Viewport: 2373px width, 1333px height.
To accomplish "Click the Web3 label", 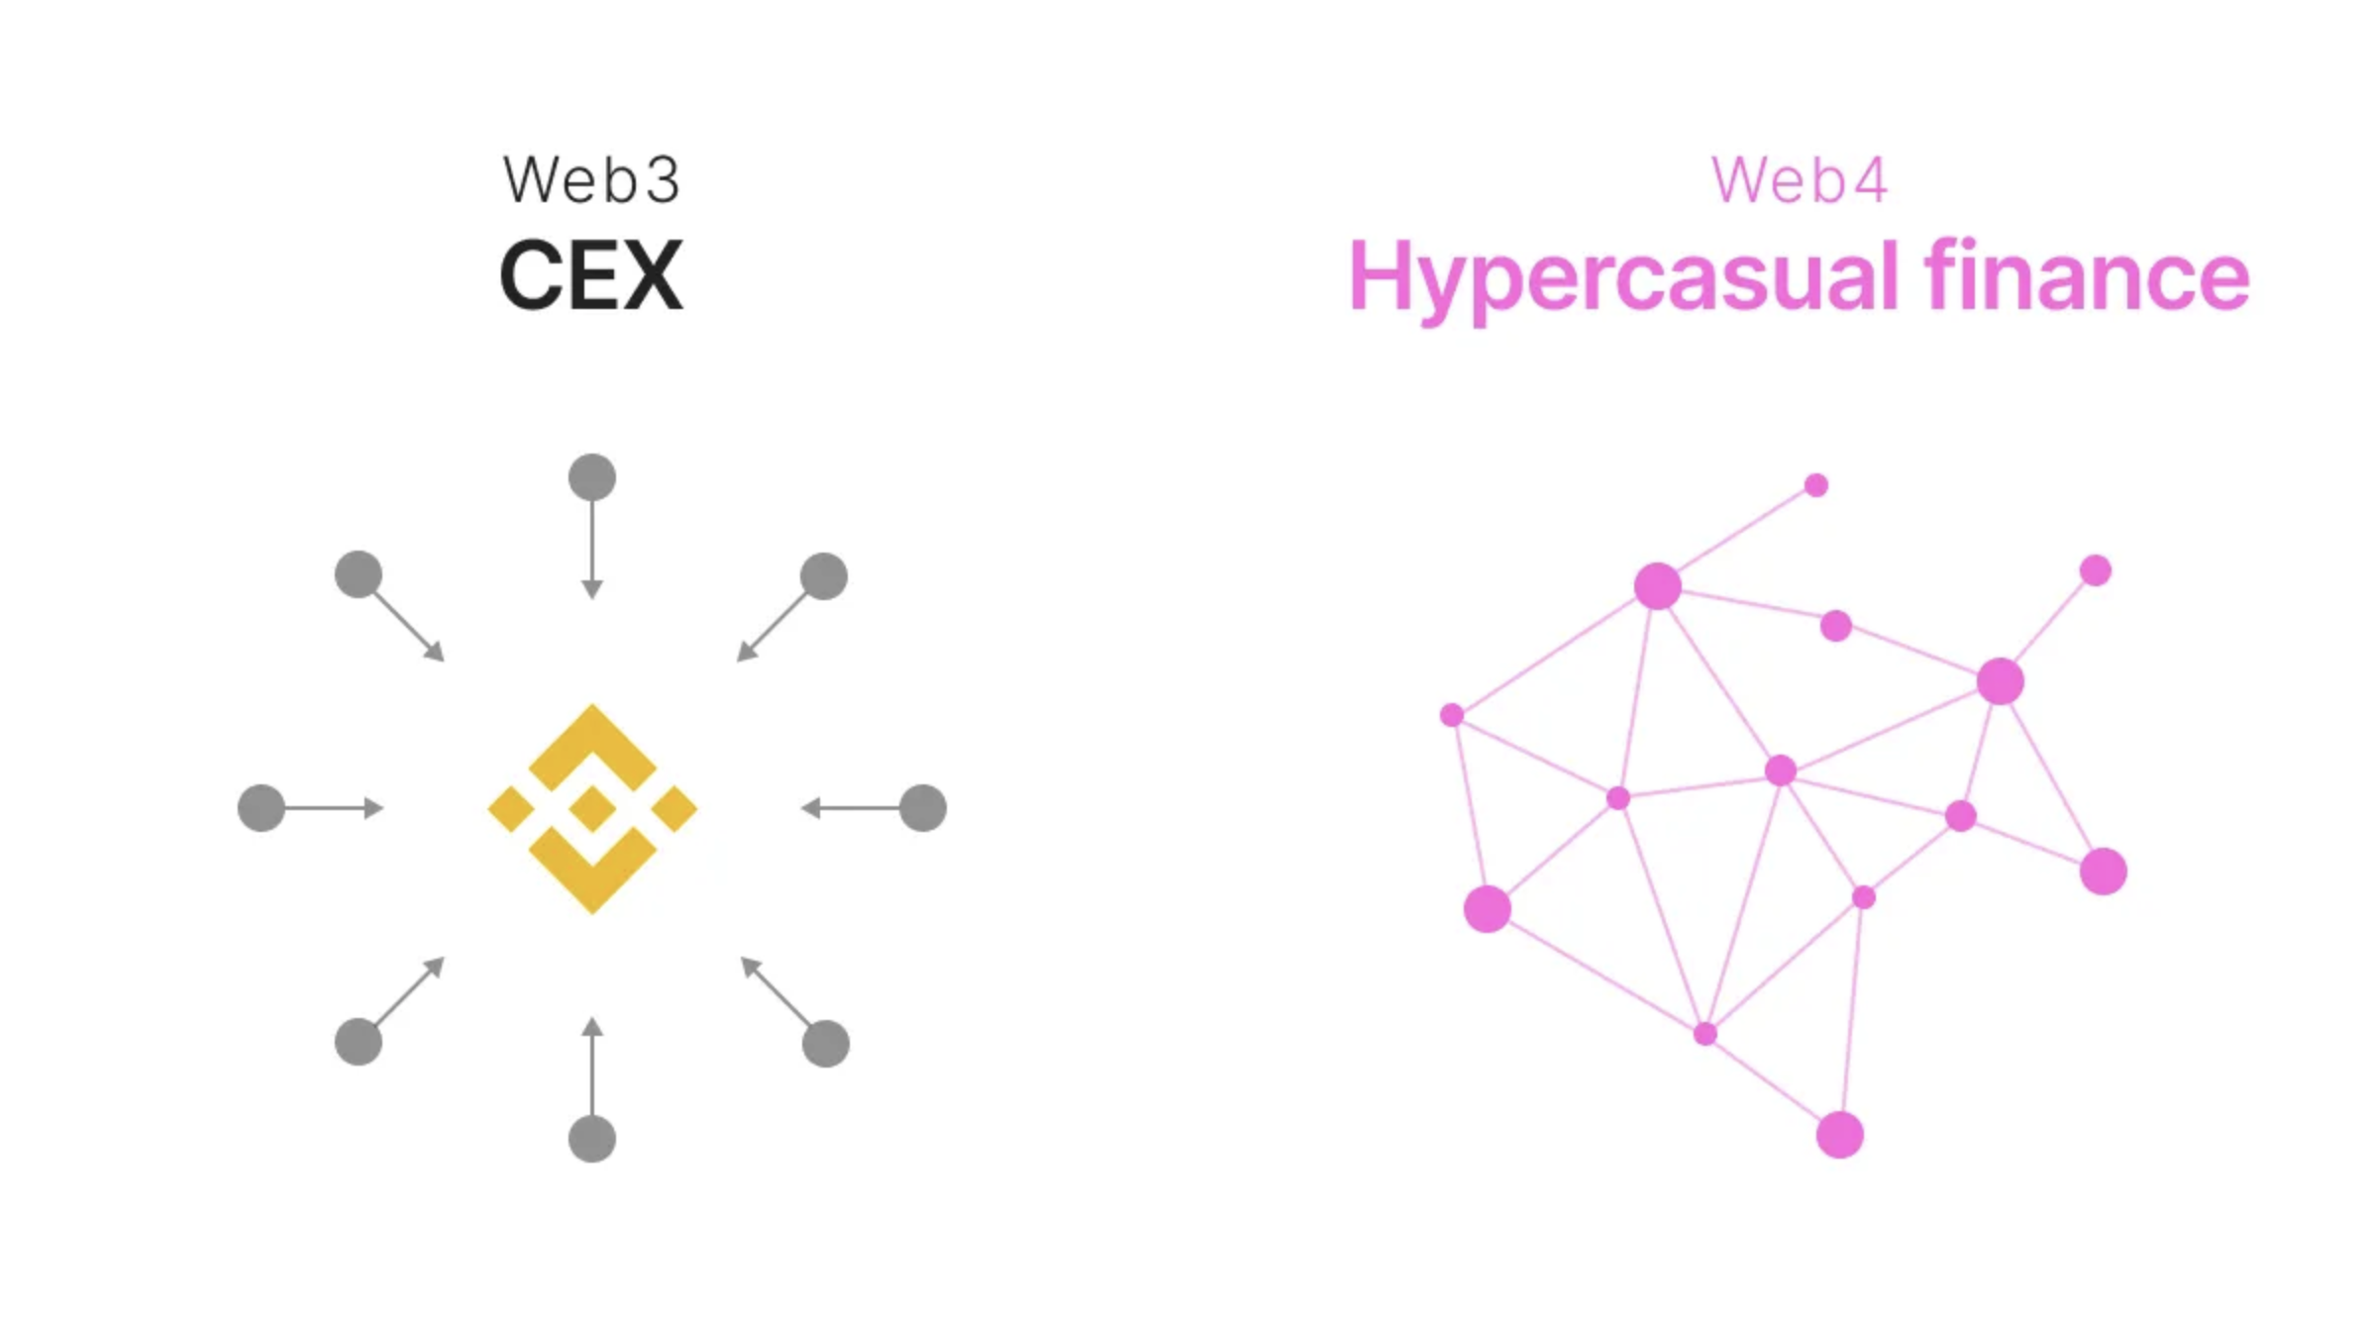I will pyautogui.click(x=591, y=180).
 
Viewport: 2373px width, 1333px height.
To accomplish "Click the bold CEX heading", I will pyautogui.click(x=591, y=275).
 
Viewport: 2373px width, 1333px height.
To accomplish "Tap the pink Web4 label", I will pyautogui.click(x=1800, y=180).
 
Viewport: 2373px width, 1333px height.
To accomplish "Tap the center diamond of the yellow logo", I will pyautogui.click(x=592, y=808).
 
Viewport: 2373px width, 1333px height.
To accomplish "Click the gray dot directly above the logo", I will pyautogui.click(x=592, y=477).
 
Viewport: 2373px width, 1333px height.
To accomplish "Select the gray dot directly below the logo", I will pyautogui.click(x=592, y=1139).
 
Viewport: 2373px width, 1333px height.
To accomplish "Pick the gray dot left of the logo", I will pyautogui.click(x=261, y=808).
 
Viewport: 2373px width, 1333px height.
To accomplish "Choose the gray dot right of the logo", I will pyautogui.click(x=923, y=808).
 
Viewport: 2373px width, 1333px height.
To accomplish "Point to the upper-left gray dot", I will pyautogui.click(x=359, y=574).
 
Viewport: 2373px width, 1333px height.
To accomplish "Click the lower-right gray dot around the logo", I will pyautogui.click(x=826, y=1044).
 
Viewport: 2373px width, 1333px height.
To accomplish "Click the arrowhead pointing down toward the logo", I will pyautogui.click(x=592, y=590).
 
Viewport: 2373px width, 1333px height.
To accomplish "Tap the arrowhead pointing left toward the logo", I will pyautogui.click(x=811, y=808).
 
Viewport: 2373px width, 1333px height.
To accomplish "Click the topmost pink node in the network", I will pyautogui.click(x=1816, y=485).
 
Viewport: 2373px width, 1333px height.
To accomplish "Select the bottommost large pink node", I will pyautogui.click(x=1840, y=1135).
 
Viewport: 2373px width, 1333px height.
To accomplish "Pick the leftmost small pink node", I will pyautogui.click(x=1452, y=715).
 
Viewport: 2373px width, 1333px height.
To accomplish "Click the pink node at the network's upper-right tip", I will pyautogui.click(x=2096, y=570).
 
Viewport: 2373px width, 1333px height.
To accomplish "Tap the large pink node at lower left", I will pyautogui.click(x=1488, y=909).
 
